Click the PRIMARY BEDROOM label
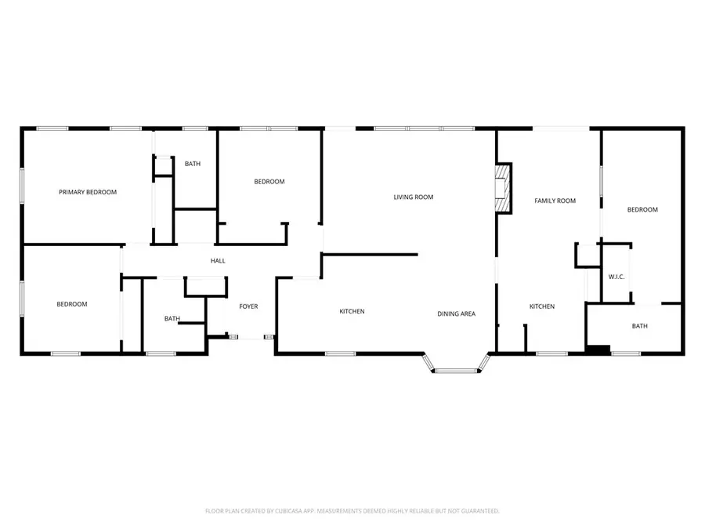(x=88, y=192)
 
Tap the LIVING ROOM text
(x=413, y=197)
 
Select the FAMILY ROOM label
(x=555, y=201)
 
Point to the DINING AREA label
(x=456, y=313)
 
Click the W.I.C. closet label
(x=616, y=277)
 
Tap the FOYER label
(x=248, y=306)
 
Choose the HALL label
(x=218, y=260)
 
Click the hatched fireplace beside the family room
(x=503, y=188)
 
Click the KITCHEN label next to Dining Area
(x=352, y=311)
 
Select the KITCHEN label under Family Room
(x=542, y=306)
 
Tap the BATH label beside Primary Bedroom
(x=193, y=164)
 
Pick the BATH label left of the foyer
(x=172, y=318)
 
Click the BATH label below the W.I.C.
(x=639, y=326)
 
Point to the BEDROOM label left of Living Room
(x=269, y=182)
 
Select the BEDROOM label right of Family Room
(x=642, y=209)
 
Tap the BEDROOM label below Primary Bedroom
(x=71, y=304)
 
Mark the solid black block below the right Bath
(x=598, y=350)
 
